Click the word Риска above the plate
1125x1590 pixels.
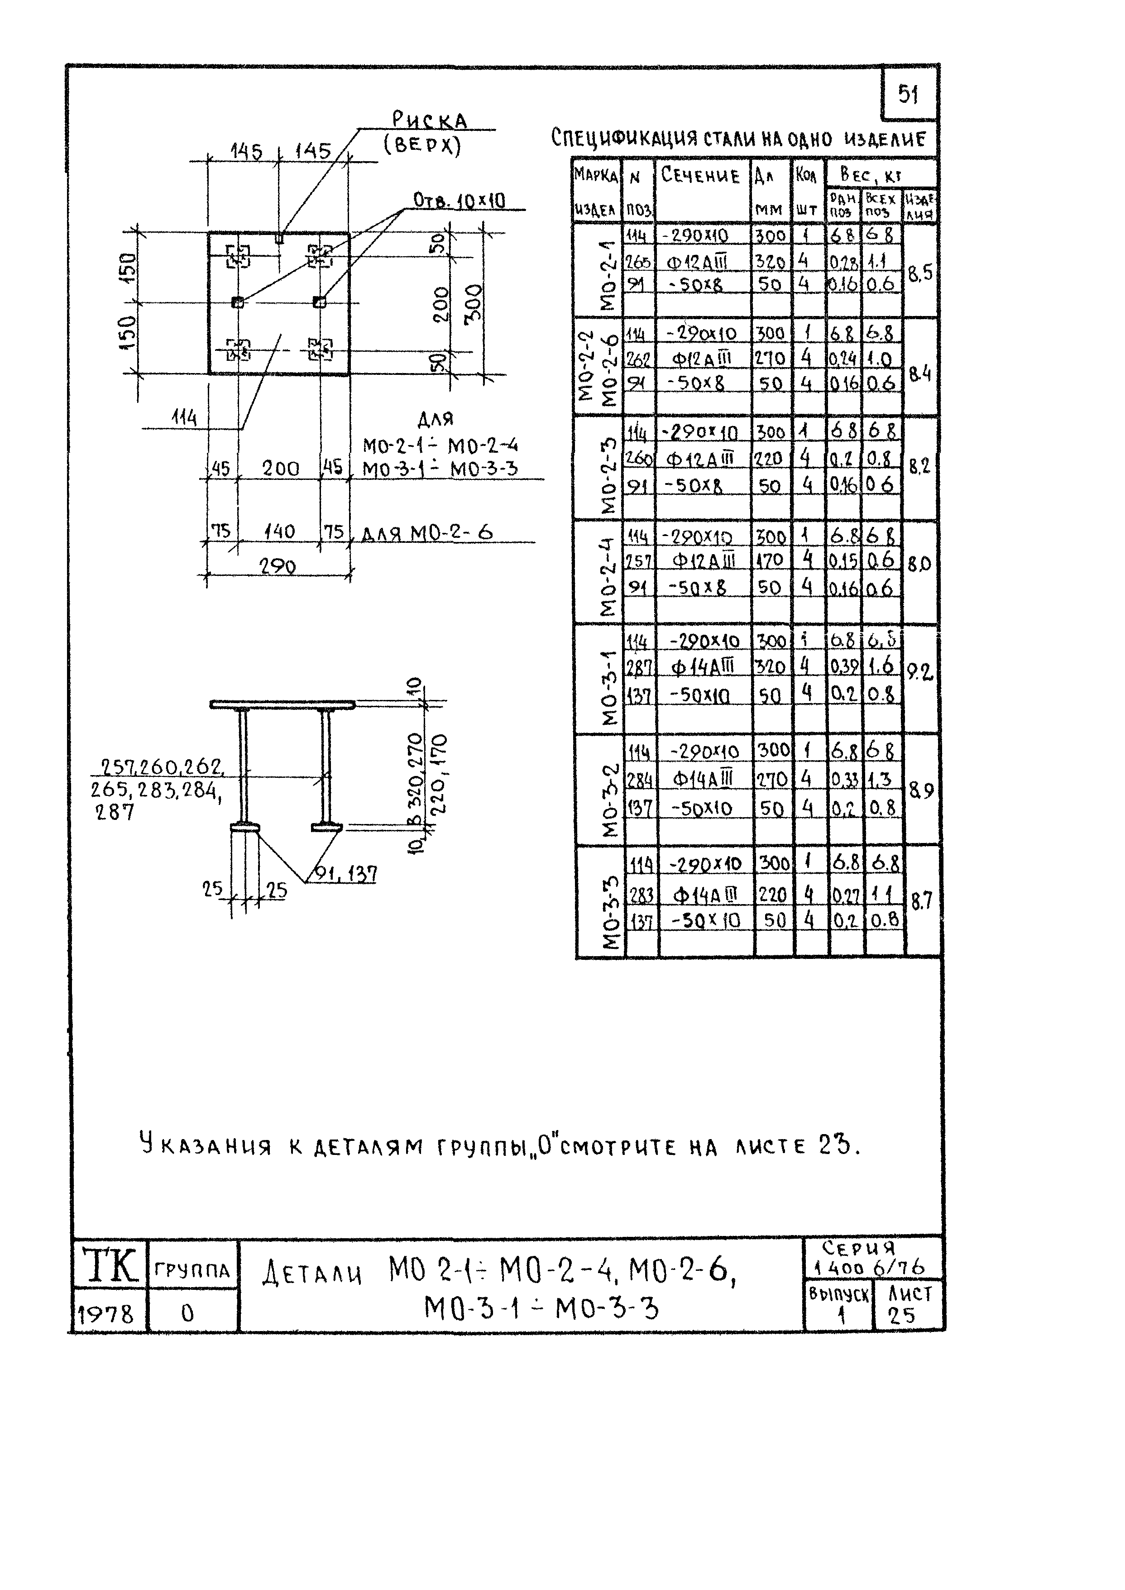point(430,120)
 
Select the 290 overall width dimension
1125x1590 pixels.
point(277,567)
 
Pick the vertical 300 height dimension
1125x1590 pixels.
point(474,304)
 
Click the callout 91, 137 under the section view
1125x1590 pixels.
point(346,874)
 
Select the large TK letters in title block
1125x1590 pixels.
point(110,1265)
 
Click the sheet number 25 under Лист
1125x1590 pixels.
point(901,1316)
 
